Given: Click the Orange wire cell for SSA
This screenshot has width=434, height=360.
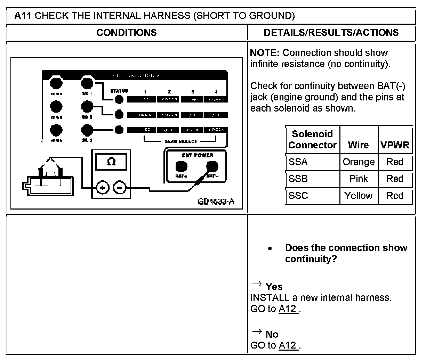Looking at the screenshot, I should [358, 162].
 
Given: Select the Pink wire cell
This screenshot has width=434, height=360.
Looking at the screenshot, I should [358, 179].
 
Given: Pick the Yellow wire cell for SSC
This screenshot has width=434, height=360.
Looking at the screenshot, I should [358, 196].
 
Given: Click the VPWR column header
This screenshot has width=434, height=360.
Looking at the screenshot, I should [395, 145].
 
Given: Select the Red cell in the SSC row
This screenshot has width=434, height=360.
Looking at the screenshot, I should [395, 196].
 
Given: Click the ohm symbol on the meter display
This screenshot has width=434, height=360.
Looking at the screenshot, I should [111, 162].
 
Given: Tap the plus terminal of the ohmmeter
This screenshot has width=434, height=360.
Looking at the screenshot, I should [103, 188].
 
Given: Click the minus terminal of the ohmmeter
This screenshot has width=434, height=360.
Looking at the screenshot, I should [120, 188].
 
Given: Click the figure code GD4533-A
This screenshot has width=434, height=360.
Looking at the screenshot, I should [216, 202].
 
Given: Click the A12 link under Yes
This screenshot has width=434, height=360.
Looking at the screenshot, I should [288, 309].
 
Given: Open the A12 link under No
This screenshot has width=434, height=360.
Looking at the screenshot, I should [288, 345].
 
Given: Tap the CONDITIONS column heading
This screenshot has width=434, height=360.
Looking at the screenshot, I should [126, 33].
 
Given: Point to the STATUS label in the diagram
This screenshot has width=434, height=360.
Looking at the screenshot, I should [119, 91].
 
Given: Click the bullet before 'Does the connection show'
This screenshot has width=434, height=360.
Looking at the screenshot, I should [270, 248].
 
